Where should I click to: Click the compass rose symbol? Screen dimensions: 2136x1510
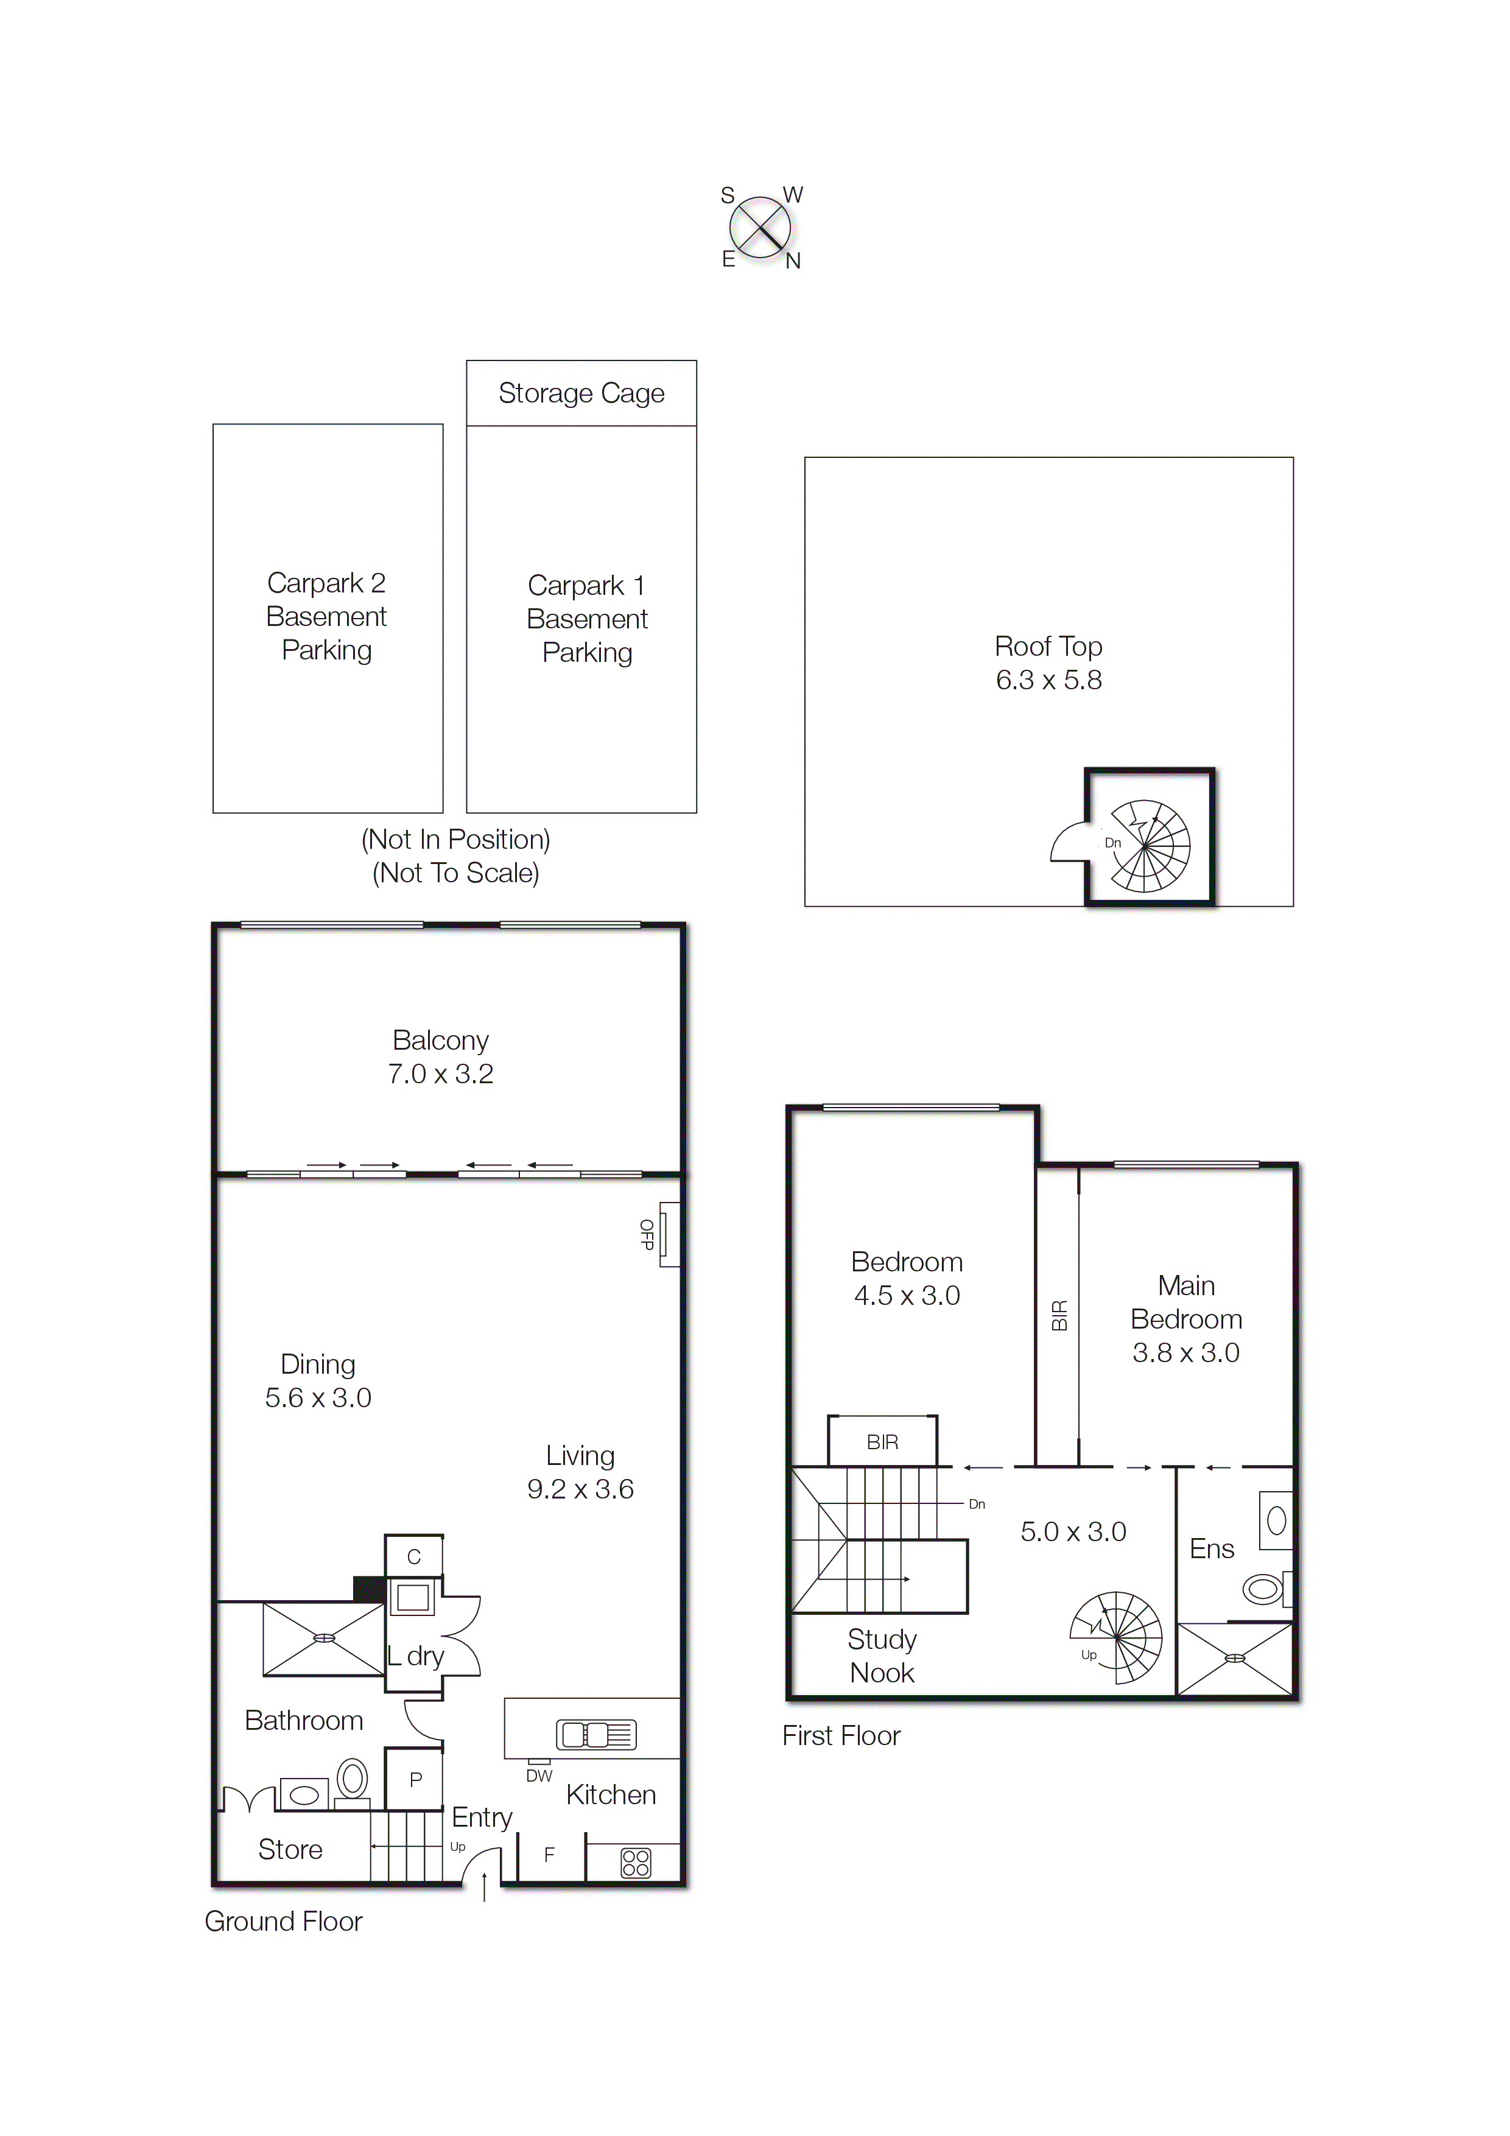tap(760, 228)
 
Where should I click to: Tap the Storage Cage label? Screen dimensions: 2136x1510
tap(581, 393)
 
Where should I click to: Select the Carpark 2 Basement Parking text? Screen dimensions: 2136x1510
tap(326, 617)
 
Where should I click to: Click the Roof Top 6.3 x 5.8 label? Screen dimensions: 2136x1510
tap(1048, 663)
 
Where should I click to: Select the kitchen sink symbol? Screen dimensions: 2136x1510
tap(596, 1735)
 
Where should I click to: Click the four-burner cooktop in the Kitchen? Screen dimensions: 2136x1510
tap(636, 1863)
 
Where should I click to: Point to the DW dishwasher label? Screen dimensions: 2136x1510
tap(539, 1776)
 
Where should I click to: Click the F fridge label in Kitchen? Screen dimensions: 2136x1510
tap(549, 1855)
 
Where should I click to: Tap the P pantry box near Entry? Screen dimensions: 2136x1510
tap(415, 1780)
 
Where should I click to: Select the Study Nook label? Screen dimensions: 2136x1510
tap(882, 1656)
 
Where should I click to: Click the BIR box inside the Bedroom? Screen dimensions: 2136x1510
tap(882, 1442)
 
